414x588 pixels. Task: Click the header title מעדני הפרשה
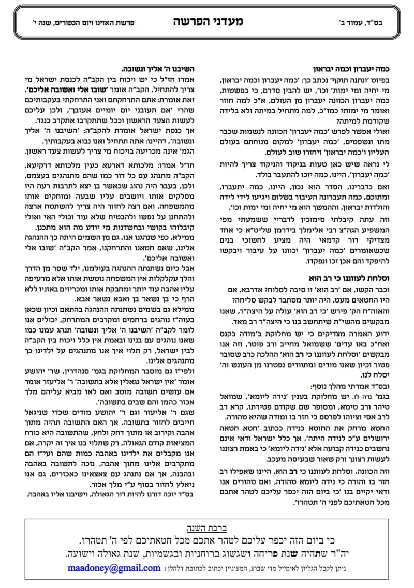click(208, 22)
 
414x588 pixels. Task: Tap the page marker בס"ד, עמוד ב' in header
click(371, 24)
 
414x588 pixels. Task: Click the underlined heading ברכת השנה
click(206, 528)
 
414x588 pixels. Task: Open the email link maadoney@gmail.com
click(114, 568)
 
